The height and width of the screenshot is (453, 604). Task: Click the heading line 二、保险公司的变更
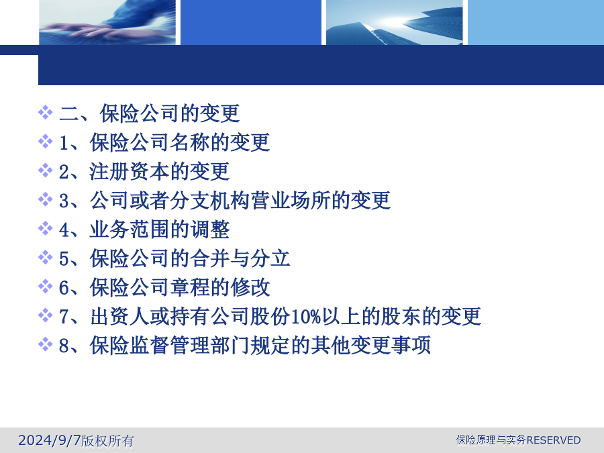(150, 113)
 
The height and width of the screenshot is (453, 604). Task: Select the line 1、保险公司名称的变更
(164, 142)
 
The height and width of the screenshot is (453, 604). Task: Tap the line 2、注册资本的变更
(144, 171)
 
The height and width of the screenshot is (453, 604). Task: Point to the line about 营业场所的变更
(225, 200)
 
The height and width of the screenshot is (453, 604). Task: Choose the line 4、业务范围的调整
(144, 230)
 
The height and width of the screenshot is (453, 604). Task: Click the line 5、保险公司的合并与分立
(174, 258)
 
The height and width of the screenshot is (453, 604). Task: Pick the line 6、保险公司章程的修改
(164, 287)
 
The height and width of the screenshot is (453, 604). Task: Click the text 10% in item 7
(306, 317)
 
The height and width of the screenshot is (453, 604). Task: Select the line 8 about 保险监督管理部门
(244, 345)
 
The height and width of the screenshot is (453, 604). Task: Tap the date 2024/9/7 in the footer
(50, 440)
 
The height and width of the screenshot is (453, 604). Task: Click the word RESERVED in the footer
(554, 440)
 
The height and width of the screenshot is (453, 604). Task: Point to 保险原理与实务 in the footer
(491, 440)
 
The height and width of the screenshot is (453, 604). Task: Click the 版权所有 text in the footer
(107, 441)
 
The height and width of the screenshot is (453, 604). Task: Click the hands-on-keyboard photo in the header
(107, 22)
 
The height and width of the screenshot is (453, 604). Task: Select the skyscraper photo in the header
(394, 22)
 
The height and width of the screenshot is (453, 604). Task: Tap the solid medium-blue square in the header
(251, 22)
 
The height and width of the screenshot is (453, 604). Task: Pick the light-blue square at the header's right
(536, 22)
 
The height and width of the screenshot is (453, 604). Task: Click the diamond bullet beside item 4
(45, 228)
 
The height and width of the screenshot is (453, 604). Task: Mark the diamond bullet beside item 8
(45, 344)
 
